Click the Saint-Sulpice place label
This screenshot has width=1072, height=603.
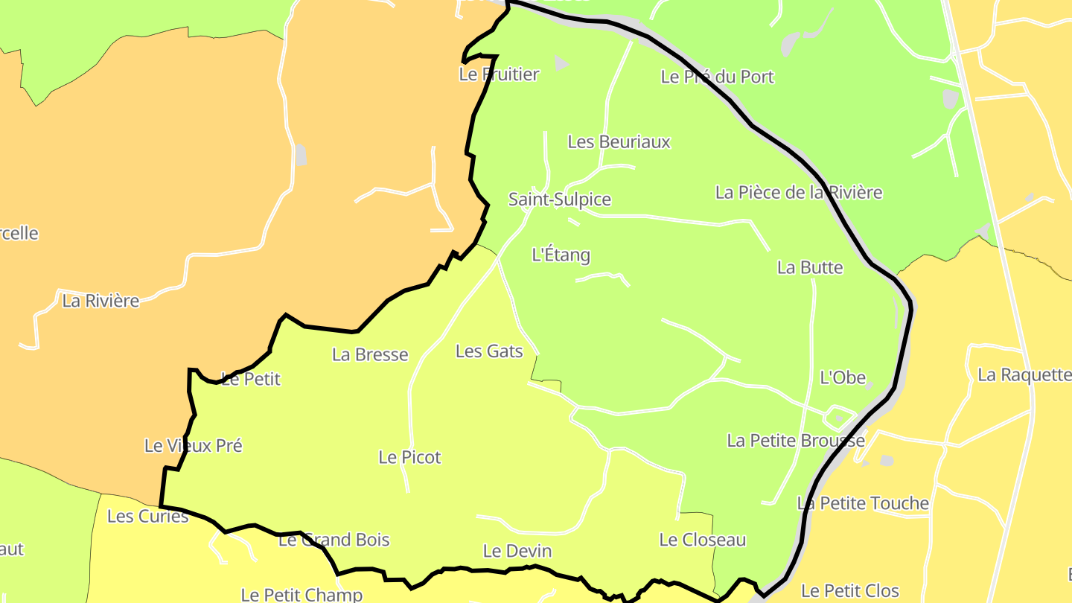[x=559, y=200]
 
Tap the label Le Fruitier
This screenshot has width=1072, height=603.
[x=499, y=74]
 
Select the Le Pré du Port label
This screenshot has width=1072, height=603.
[x=718, y=77]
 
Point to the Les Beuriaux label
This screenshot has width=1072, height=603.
[x=619, y=141]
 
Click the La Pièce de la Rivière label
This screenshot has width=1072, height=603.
[x=799, y=193]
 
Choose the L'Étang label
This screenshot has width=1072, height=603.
[x=561, y=255]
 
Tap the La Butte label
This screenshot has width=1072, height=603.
[x=810, y=268]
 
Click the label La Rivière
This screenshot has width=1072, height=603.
[x=100, y=301]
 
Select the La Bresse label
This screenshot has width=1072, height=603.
[x=370, y=355]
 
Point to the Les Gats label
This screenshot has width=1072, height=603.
[x=489, y=351]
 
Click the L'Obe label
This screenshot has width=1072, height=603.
[x=843, y=377]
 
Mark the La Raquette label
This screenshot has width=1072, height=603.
[x=1024, y=374]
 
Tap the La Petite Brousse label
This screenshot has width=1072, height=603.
[x=796, y=441]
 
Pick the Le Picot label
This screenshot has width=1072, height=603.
[x=409, y=458]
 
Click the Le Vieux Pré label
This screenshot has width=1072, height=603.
[x=193, y=446]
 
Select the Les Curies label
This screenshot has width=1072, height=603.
[x=147, y=516]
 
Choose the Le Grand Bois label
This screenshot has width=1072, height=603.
[x=334, y=540]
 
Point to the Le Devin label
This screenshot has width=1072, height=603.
[x=517, y=551]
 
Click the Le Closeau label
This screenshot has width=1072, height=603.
[x=702, y=540]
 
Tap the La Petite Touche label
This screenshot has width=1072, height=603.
[x=863, y=504]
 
